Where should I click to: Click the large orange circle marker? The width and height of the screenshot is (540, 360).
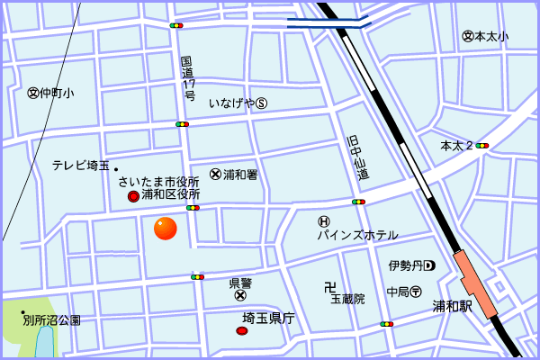pyautogui.click(x=166, y=229)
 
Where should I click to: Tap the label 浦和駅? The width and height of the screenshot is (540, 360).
pyautogui.click(x=452, y=305)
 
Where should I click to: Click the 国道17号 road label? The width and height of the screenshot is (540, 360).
pyautogui.click(x=188, y=77)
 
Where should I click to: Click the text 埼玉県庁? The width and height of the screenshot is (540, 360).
pyautogui.click(x=269, y=318)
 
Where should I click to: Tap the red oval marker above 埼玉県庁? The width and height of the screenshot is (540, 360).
pyautogui.click(x=241, y=331)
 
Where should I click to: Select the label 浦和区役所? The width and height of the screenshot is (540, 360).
pyautogui.click(x=170, y=194)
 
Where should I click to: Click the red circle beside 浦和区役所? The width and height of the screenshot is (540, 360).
pyautogui.click(x=132, y=195)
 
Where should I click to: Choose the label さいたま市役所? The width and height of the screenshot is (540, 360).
pyautogui.click(x=158, y=182)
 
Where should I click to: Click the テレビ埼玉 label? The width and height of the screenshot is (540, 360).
pyautogui.click(x=80, y=165)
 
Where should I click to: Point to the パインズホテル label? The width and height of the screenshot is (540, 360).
pyautogui.click(x=356, y=235)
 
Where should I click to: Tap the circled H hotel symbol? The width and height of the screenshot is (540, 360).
pyautogui.click(x=324, y=221)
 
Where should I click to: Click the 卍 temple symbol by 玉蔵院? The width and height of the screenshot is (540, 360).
pyautogui.click(x=330, y=287)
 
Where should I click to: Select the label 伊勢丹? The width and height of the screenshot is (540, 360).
pyautogui.click(x=406, y=265)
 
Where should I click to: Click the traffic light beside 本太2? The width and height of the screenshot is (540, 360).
pyautogui.click(x=482, y=145)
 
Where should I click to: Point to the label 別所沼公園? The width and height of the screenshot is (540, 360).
pyautogui.click(x=52, y=319)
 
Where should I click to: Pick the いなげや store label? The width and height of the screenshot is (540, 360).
pyautogui.click(x=232, y=103)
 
